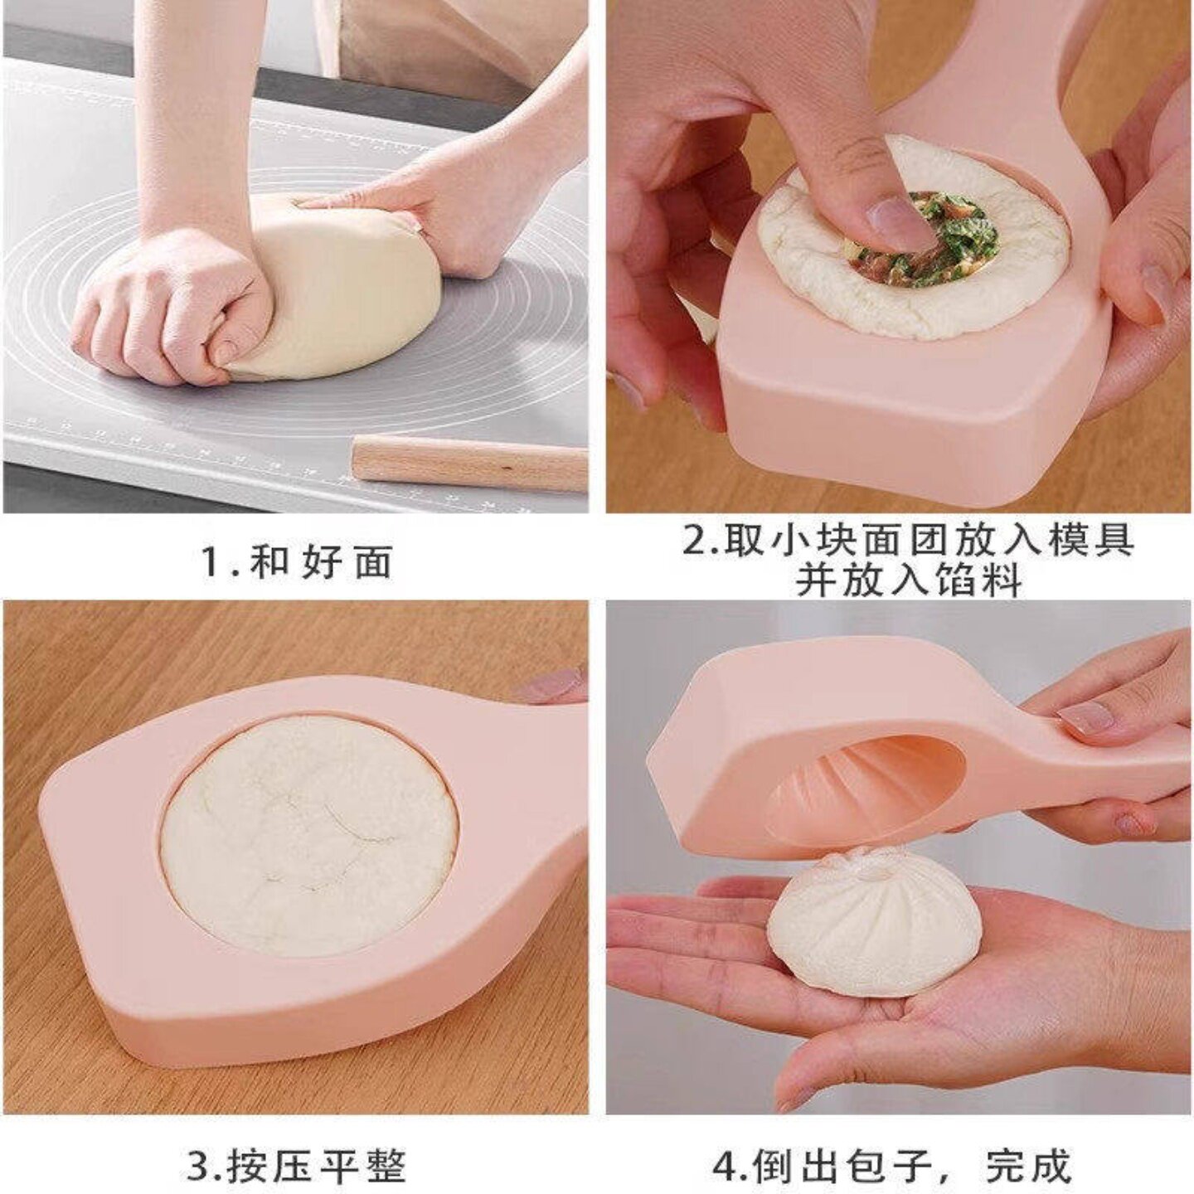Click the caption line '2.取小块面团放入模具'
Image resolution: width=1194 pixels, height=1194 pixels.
point(908,541)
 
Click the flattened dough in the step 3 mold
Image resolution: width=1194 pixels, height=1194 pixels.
point(308,835)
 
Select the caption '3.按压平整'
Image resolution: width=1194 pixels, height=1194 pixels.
point(297,1167)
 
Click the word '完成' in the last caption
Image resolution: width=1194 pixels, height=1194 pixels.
point(1028,1167)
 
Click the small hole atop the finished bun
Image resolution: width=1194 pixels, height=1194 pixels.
point(873,872)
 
